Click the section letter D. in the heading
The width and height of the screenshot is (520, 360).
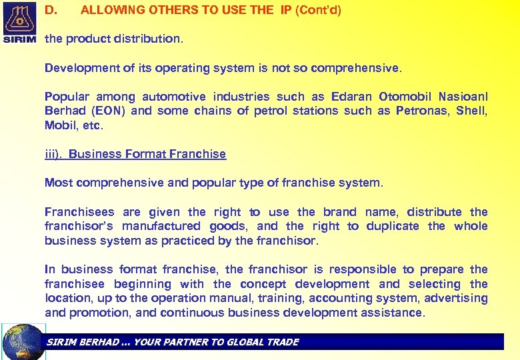[51, 11]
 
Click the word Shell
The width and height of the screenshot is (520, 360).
[472, 111]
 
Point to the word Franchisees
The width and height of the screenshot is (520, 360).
[79, 212]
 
